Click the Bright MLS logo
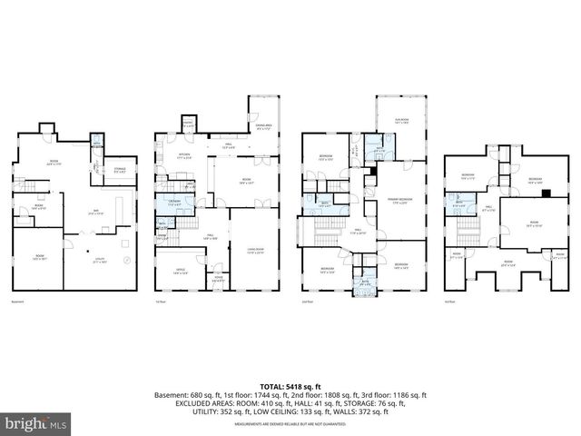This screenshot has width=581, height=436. point(36,423)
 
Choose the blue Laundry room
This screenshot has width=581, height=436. point(172,204)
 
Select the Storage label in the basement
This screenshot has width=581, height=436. point(120,170)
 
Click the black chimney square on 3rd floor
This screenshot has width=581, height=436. point(544,192)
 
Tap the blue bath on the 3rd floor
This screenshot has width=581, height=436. point(458,204)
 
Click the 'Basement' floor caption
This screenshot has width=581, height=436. point(18,302)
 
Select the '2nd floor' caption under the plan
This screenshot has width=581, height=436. point(307,302)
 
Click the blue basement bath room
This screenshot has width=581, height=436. point(96,143)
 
